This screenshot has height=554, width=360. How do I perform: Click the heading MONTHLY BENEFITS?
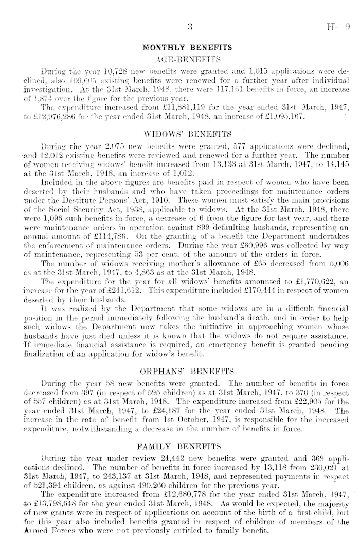click(x=187, y=48)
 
